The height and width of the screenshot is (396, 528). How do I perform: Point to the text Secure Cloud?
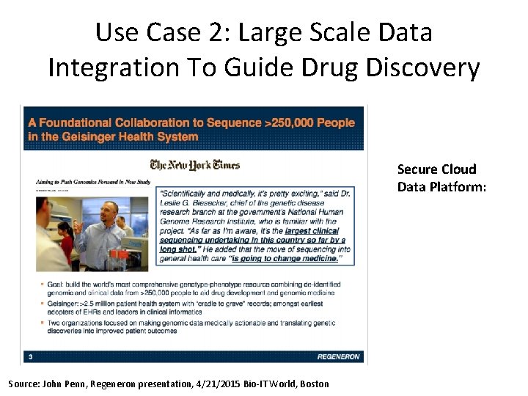tap(436, 169)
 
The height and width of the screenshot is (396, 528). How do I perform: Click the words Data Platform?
tap(441, 187)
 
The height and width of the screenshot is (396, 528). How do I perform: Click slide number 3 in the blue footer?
tap(29, 357)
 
